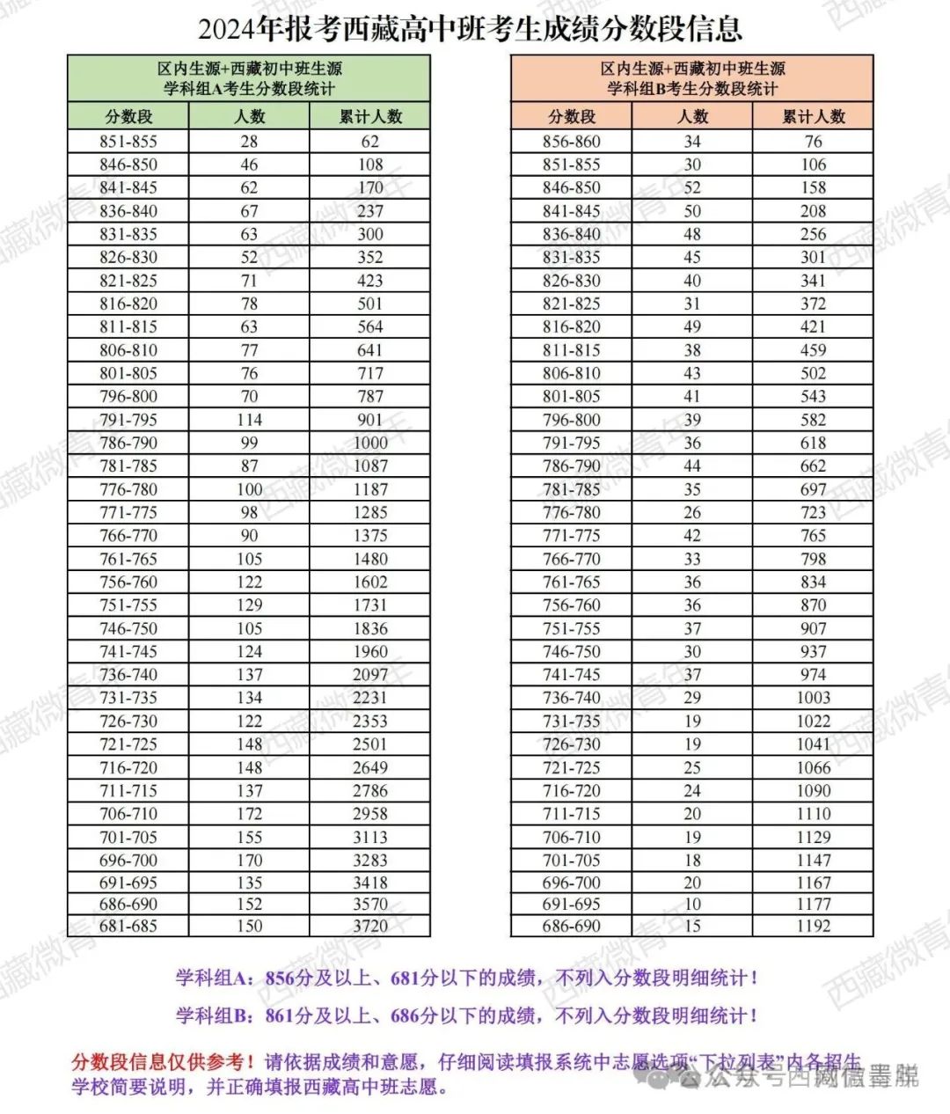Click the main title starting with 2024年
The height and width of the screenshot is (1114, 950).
(x=471, y=29)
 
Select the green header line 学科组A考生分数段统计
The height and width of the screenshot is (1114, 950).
(x=249, y=89)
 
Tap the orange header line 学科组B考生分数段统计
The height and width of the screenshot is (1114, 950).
(x=692, y=89)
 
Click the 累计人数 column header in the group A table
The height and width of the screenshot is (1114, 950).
(x=370, y=116)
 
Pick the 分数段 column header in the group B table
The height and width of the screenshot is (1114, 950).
(x=572, y=116)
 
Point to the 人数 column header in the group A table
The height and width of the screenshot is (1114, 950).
(x=249, y=116)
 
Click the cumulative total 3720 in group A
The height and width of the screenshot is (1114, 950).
(x=370, y=926)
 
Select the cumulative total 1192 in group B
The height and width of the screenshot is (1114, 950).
(x=813, y=926)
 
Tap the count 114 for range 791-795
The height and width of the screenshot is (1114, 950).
(x=249, y=420)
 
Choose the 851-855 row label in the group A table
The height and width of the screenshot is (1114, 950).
(x=128, y=142)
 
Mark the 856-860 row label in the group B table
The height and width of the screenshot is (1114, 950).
(x=572, y=142)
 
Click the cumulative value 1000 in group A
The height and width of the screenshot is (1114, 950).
(x=370, y=443)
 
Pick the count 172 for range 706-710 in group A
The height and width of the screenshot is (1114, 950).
(x=249, y=814)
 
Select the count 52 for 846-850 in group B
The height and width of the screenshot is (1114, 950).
(x=692, y=187)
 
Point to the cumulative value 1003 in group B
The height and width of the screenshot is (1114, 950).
(x=813, y=698)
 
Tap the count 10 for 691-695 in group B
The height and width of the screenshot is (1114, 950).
(x=692, y=904)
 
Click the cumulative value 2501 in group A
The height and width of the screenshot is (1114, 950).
(x=370, y=744)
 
